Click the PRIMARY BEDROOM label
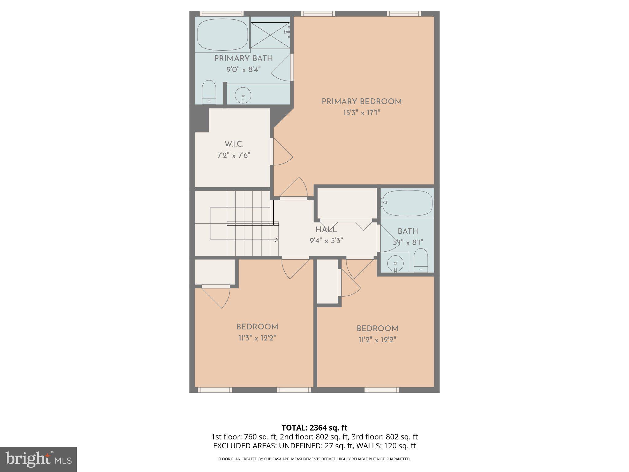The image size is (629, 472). [361, 102]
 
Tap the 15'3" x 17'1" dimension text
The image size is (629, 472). [361, 113]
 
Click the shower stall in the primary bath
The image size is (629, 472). [270, 33]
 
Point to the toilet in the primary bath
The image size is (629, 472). [209, 92]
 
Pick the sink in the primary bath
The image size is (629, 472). [243, 95]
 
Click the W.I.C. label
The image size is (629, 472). [234, 144]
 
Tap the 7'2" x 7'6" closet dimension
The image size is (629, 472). [234, 155]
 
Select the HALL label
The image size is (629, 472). [326, 230]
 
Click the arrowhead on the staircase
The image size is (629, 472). [277, 240]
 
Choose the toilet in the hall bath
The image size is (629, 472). [420, 260]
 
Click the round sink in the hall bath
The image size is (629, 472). [395, 263]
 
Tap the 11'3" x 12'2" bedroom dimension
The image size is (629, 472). [257, 338]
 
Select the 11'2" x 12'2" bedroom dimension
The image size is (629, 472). [377, 340]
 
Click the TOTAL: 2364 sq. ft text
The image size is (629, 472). [314, 428]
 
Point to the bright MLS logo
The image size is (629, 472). [38, 459]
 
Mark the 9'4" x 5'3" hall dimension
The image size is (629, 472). [326, 241]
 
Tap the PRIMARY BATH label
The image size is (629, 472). [243, 59]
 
